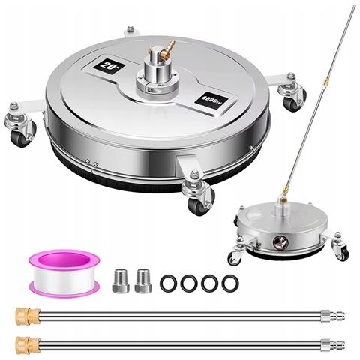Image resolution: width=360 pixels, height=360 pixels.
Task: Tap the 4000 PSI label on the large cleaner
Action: tap(211, 99)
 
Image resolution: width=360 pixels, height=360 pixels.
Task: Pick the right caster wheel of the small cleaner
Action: tap(341, 253)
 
